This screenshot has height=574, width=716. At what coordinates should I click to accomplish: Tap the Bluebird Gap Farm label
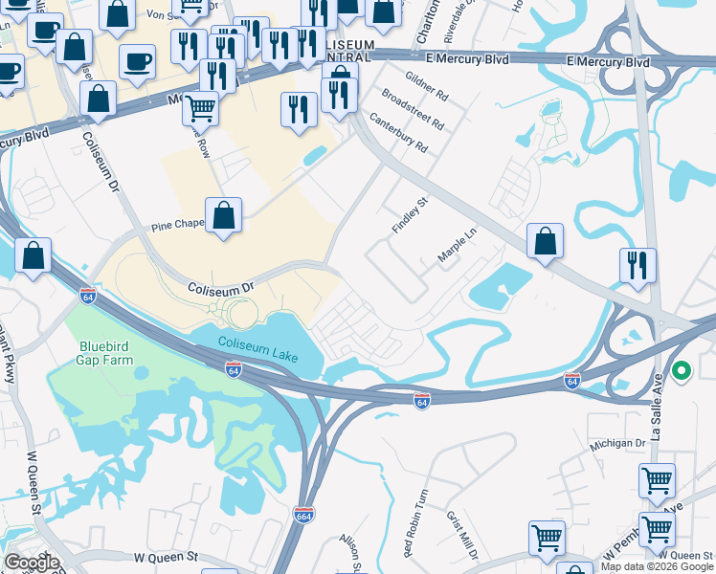tap(105, 353)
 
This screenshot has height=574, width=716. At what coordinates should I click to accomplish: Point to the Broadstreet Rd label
tap(413, 109)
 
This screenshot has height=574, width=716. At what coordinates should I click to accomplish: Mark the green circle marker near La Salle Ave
tap(682, 370)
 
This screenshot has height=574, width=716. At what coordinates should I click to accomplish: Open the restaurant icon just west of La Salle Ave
tap(638, 265)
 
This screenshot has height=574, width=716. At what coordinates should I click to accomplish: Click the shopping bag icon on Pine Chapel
tap(223, 216)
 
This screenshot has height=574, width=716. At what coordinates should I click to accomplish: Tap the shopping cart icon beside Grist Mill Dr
tap(547, 538)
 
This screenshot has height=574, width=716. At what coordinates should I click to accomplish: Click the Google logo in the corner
tap(32, 563)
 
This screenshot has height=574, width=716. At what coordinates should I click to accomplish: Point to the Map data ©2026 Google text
tap(657, 566)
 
